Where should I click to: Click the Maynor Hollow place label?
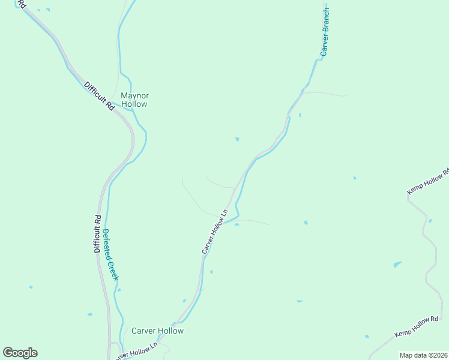(134, 100)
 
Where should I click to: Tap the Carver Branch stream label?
(325, 32)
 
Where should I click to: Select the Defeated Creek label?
(110, 255)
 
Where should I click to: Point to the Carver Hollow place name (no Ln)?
(157, 331)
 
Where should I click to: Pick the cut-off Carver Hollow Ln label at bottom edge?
(137, 350)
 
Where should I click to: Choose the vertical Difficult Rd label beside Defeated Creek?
(97, 233)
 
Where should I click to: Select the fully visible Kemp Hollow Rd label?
(417, 326)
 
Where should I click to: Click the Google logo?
(20, 353)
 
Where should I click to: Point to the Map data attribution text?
(423, 355)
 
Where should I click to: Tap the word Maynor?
(134, 95)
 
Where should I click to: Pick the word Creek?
(113, 271)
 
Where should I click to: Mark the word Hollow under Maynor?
(134, 104)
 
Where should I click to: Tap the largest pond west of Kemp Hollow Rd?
(397, 264)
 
